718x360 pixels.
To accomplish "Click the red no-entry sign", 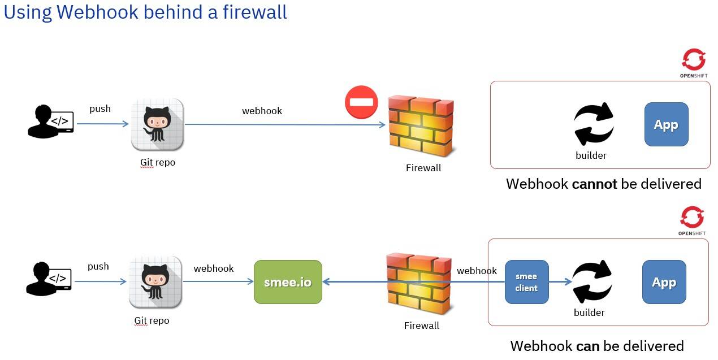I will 361,102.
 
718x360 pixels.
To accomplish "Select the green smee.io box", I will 288,282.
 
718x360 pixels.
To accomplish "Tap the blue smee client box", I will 526,282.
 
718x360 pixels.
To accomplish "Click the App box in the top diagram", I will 666,124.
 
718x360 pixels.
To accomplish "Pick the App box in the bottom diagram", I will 664,282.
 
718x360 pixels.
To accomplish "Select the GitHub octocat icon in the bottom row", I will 155,282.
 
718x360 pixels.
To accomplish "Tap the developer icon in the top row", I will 50,121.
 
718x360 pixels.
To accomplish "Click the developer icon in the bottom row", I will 49,279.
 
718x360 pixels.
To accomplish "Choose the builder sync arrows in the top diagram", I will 593,124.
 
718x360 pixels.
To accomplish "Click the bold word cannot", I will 594,184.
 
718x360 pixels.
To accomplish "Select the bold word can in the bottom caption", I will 587,346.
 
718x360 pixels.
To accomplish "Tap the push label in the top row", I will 100,109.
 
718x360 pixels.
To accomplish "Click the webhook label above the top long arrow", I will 262,111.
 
